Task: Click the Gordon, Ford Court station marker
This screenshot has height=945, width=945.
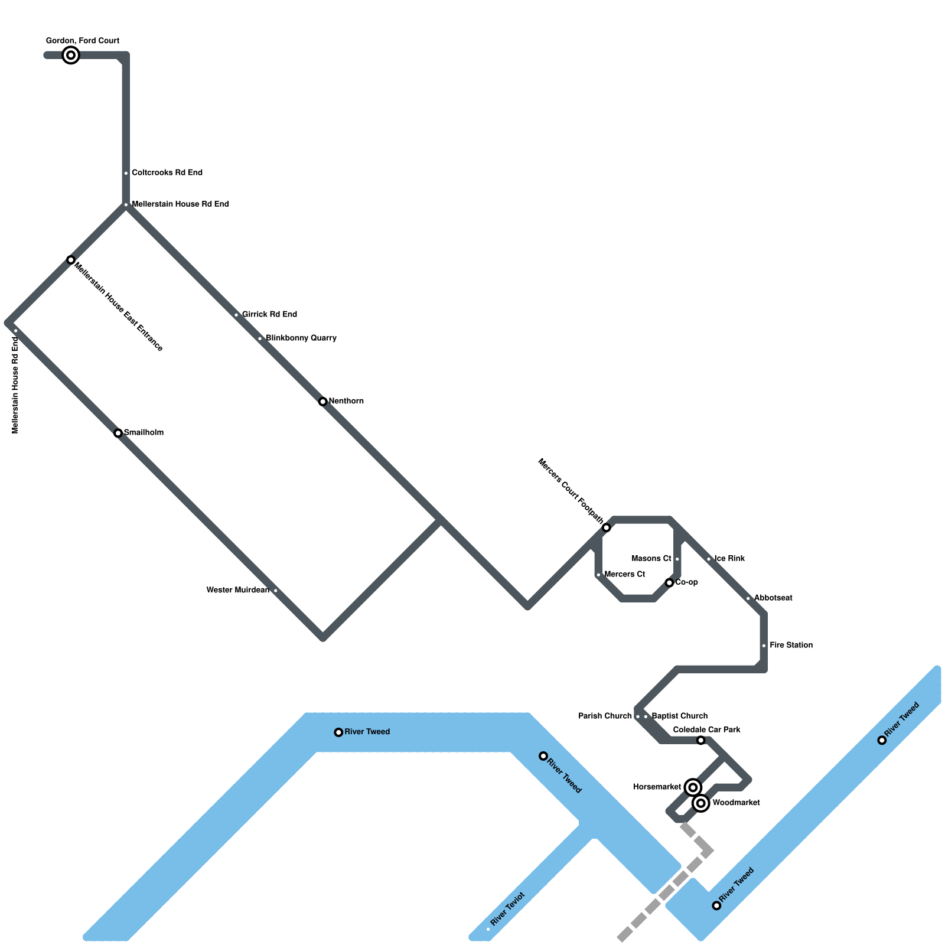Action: pos(71,55)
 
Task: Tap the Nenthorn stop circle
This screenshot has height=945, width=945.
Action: pos(323,402)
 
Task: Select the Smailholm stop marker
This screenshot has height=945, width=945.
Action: pos(118,433)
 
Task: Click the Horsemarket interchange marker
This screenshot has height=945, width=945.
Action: pos(693,787)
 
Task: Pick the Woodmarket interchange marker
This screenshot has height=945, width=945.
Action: pos(701,803)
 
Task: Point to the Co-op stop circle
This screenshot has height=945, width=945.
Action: pos(669,582)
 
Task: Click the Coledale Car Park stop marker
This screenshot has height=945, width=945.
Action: pos(700,740)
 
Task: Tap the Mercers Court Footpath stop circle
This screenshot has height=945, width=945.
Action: pos(607,527)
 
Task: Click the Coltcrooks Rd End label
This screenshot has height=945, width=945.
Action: pos(167,172)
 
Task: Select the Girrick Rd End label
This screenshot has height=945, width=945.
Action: pos(269,314)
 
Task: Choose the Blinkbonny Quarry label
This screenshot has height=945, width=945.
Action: pos(301,338)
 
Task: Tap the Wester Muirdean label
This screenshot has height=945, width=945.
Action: pos(237,590)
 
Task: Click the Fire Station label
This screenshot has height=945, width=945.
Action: pos(791,645)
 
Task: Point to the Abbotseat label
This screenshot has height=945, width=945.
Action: pos(773,598)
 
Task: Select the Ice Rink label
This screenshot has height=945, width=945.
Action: pos(729,558)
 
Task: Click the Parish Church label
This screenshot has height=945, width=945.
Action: pos(605,716)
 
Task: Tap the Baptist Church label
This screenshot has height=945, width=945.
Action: pos(679,716)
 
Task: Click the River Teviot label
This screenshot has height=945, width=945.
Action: pos(507,909)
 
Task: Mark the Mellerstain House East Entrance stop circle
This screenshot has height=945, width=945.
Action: pos(71,260)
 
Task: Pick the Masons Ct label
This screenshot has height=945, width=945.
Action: pos(651,558)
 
